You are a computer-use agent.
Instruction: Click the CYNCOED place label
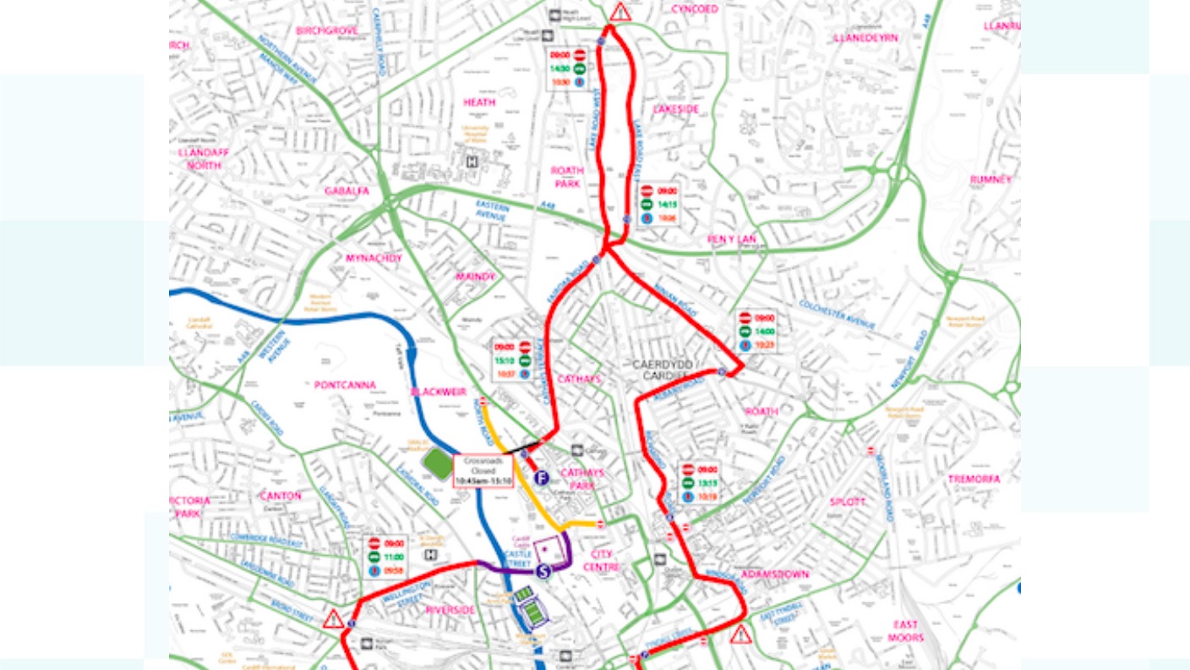695,9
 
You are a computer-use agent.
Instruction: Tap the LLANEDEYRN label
865,38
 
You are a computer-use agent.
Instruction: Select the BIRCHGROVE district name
327,30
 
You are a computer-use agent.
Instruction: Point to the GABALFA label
347,191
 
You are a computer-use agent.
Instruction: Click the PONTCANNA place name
345,385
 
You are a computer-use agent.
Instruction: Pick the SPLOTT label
847,502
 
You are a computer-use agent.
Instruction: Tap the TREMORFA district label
974,479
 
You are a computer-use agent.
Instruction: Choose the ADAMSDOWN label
775,574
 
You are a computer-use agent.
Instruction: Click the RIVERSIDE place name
450,610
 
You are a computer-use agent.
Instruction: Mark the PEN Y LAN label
732,239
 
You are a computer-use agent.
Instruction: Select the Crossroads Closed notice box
483,471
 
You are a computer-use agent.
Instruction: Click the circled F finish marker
542,478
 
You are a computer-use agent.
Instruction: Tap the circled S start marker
543,571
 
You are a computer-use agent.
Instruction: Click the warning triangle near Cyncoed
621,12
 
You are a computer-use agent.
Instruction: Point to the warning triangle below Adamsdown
740,634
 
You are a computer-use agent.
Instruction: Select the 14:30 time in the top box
560,69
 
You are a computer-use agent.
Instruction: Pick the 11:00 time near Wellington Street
395,557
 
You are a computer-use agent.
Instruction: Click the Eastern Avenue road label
491,211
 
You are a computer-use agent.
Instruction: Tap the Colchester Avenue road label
837,315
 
